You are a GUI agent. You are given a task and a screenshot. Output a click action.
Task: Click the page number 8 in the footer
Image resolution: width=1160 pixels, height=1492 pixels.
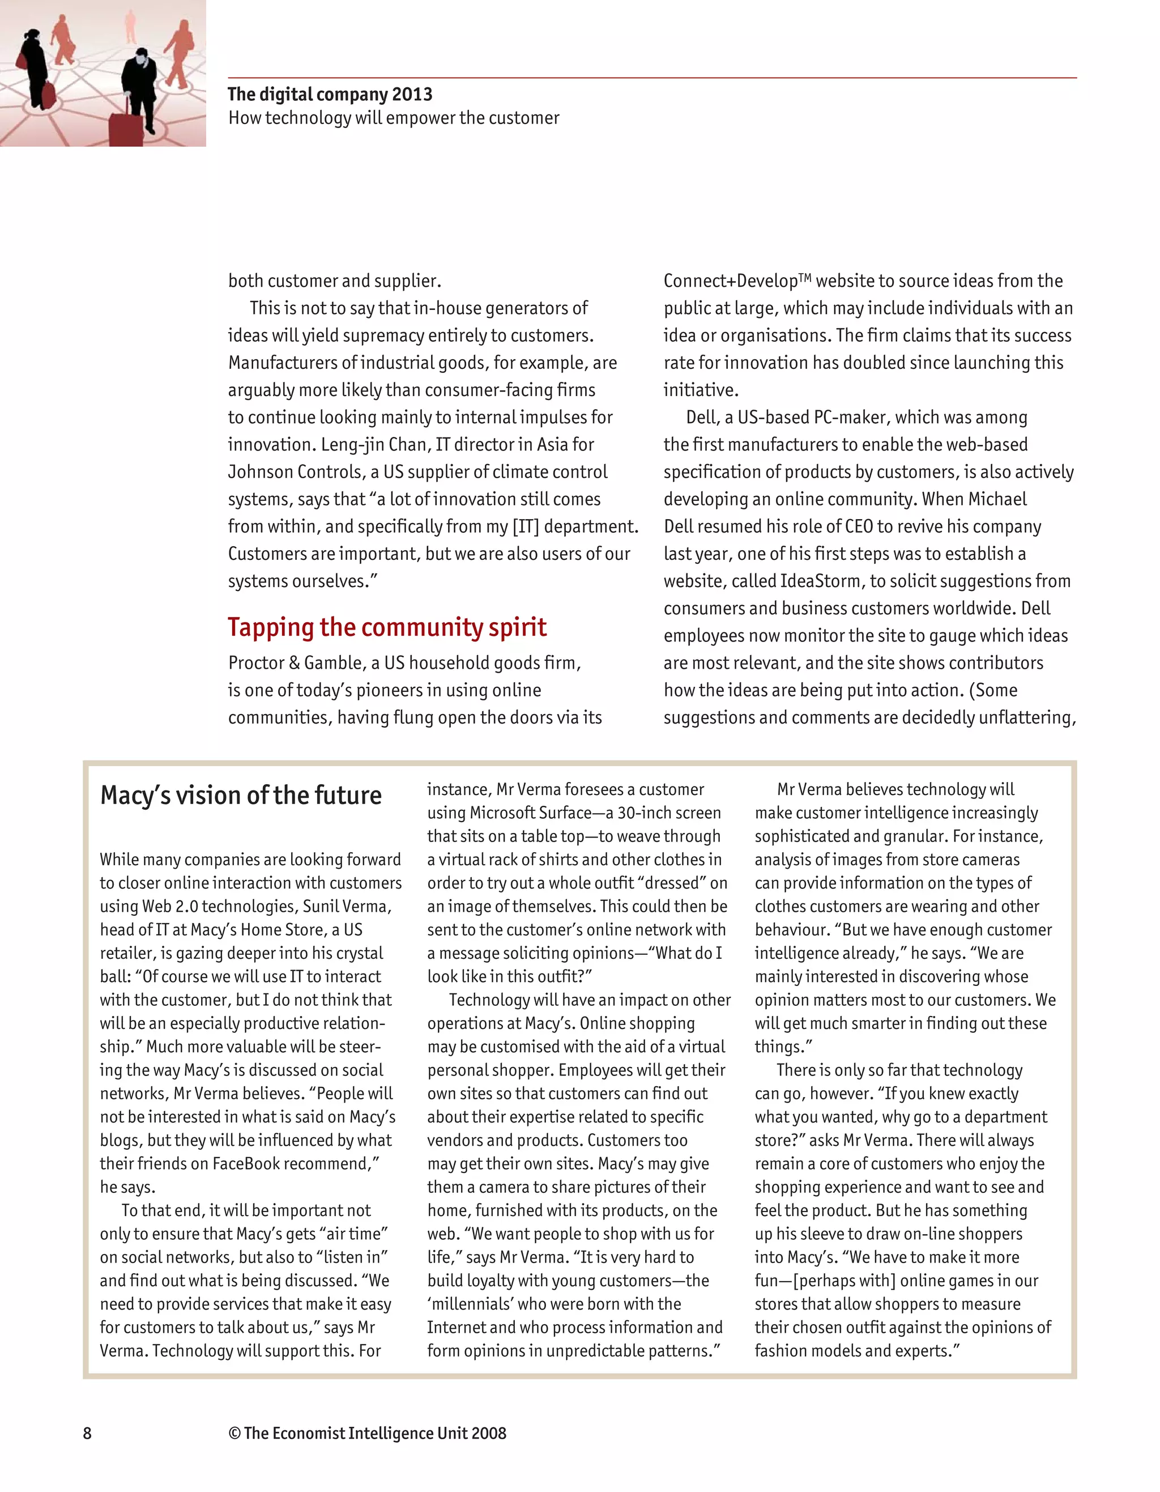[87, 1433]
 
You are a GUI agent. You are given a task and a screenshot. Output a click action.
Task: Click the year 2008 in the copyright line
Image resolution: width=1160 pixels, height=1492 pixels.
[488, 1433]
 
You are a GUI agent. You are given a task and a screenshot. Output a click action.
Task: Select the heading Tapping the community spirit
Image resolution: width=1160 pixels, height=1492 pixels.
[387, 627]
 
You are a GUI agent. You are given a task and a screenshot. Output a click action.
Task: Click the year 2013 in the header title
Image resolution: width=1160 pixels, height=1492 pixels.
[412, 94]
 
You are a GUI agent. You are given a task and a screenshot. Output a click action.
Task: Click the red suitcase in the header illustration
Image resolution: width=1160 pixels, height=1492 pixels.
[126, 126]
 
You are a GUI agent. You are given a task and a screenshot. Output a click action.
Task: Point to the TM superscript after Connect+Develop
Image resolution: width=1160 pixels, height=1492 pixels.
[805, 277]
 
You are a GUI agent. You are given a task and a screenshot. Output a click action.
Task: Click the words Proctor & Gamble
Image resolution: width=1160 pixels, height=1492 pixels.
[295, 664]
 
